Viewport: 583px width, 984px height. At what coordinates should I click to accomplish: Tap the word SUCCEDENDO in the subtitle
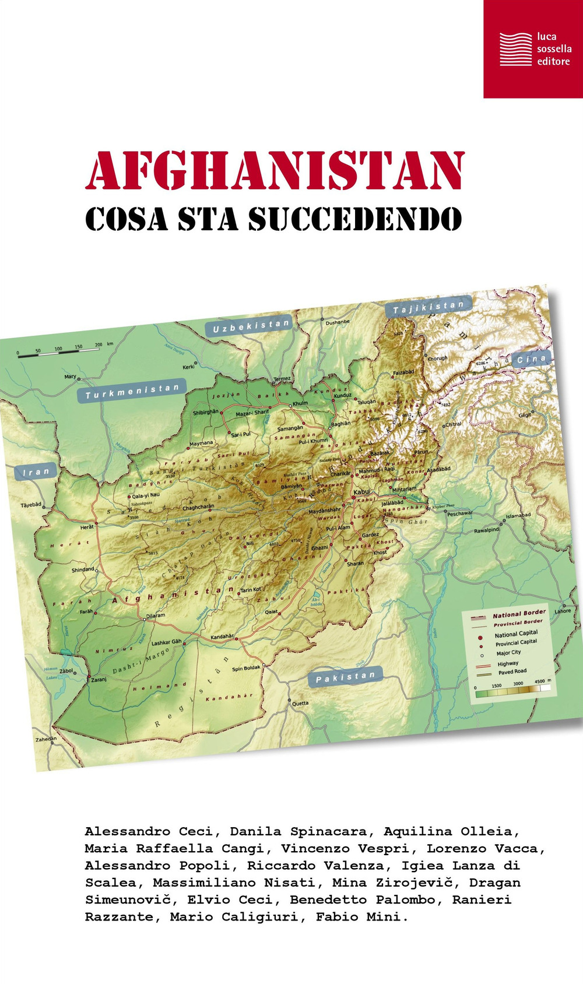pos(355,219)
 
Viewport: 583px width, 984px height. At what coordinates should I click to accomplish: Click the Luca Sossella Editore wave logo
pos(515,49)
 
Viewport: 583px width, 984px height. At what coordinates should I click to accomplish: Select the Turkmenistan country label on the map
pos(132,391)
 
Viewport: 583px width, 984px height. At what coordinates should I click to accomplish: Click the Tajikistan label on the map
pos(429,307)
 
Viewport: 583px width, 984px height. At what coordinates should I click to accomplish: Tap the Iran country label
pos(36,472)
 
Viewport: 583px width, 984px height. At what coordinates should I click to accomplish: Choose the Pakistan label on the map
pos(345,677)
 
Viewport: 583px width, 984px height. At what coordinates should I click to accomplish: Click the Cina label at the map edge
pos(531,359)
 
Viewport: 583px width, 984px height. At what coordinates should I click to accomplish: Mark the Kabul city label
pos(362,492)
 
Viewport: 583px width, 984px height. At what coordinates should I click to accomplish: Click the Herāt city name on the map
pos(87,527)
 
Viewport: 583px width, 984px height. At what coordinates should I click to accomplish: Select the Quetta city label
pos(300,703)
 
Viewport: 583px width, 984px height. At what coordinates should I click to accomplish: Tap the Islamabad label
pos(518,515)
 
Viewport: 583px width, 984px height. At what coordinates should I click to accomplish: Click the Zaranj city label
pos(98,680)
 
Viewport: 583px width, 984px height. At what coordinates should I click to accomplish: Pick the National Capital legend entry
pos(516,634)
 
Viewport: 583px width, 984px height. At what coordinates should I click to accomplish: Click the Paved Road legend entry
pos(512,672)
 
